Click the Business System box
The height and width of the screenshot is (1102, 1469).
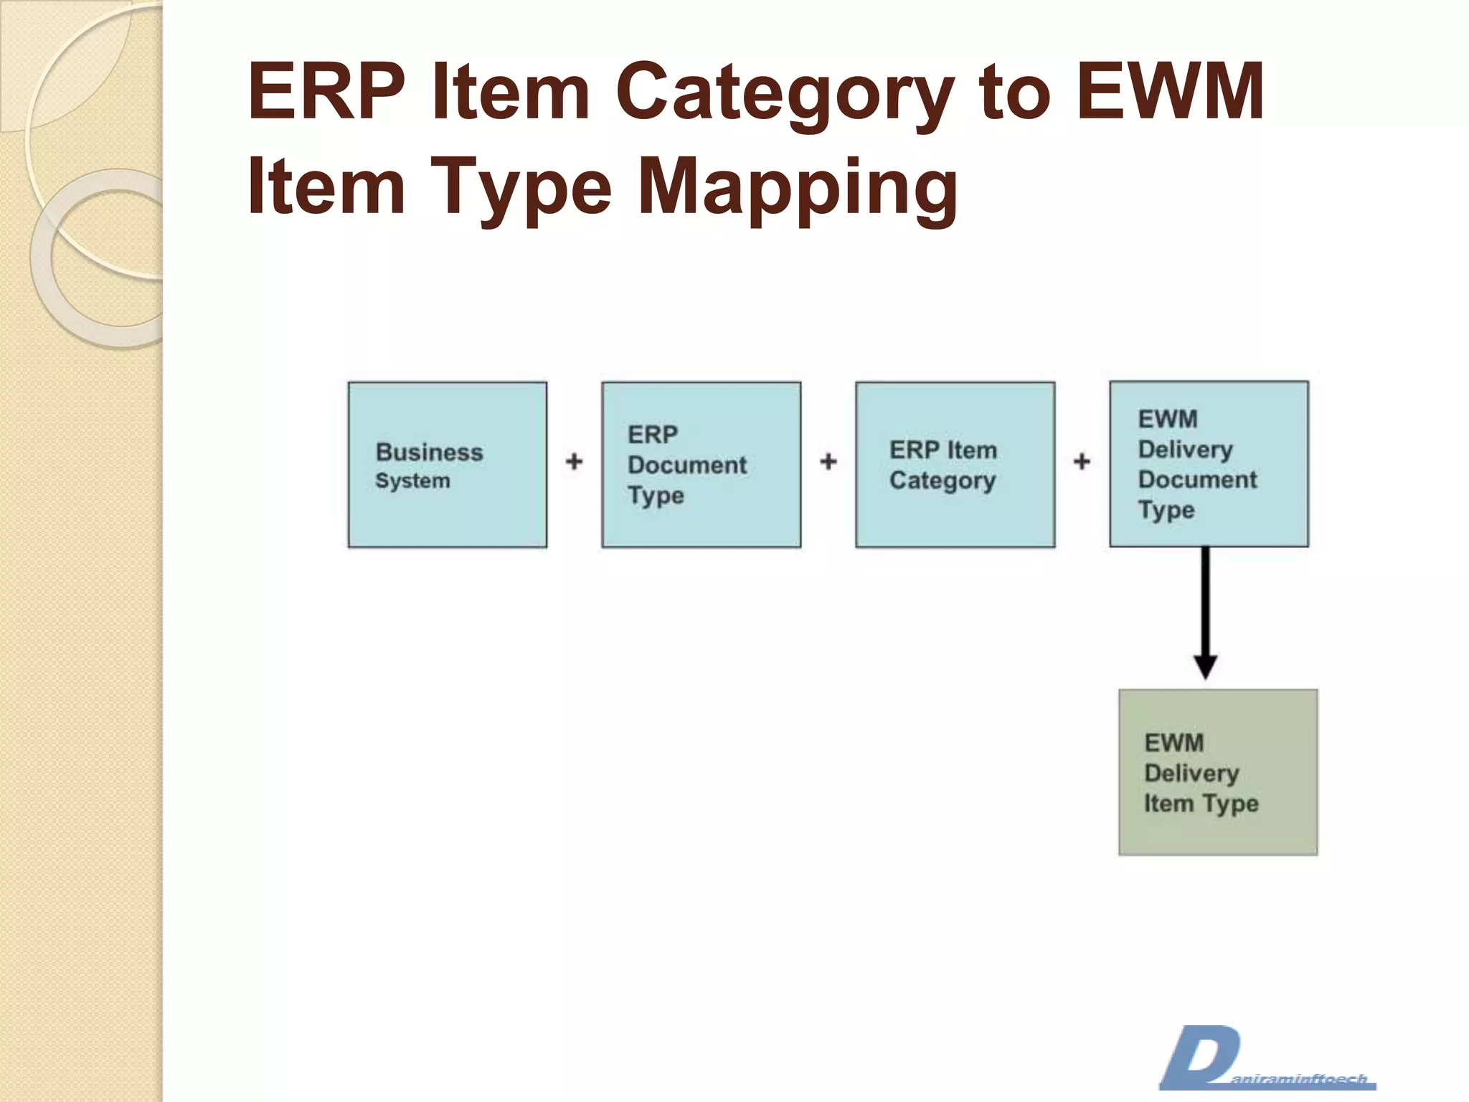tap(447, 464)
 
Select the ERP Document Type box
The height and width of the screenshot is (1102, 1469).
tap(701, 464)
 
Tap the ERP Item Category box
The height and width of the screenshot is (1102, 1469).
tap(955, 464)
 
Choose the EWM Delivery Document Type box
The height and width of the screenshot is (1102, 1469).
tap(1209, 463)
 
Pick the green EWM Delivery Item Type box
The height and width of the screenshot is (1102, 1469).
tap(1218, 772)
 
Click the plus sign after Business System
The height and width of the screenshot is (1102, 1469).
tap(574, 461)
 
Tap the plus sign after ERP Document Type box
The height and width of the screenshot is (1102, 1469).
tap(828, 461)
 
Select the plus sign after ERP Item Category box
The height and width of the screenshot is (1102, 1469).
tap(1082, 461)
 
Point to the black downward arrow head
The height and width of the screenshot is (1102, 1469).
tap(1205, 667)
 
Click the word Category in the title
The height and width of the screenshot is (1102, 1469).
tap(785, 93)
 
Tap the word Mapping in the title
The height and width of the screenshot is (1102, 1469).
tap(797, 188)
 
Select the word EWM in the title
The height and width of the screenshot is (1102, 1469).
tap(1170, 92)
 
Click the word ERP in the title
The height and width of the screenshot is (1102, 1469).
tap(327, 92)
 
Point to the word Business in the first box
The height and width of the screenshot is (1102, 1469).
tap(429, 452)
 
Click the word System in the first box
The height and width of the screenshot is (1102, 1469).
tap(412, 481)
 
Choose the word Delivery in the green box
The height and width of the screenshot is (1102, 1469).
tap(1191, 773)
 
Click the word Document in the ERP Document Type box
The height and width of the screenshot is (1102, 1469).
tap(686, 465)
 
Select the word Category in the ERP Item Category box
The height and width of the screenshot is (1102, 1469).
tap(942, 481)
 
